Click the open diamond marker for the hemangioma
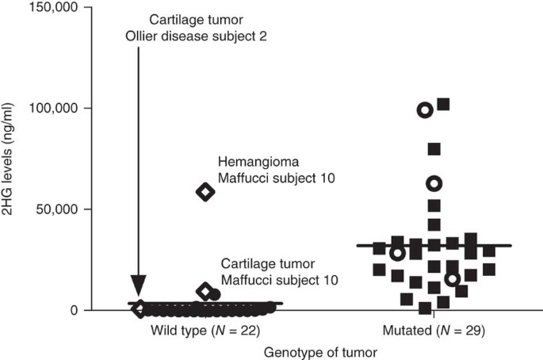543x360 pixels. pos(205,192)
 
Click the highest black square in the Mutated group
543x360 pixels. pos(443,105)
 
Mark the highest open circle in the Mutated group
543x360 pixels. pos(425,110)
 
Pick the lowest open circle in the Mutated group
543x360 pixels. pos(452,278)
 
